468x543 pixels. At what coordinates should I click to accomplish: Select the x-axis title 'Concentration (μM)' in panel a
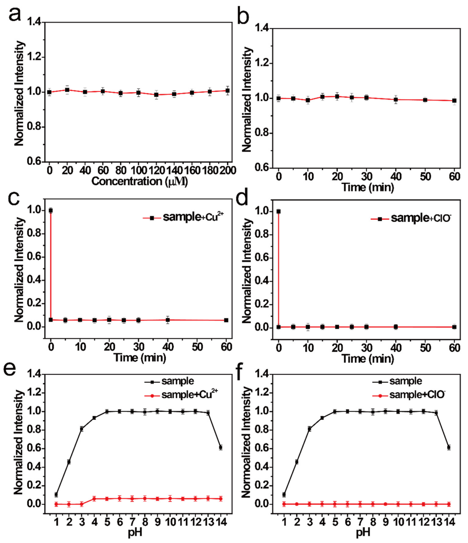click(140, 182)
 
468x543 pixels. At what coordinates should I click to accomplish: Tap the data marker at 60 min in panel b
click(454, 101)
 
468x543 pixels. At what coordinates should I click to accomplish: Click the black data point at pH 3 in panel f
click(310, 429)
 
